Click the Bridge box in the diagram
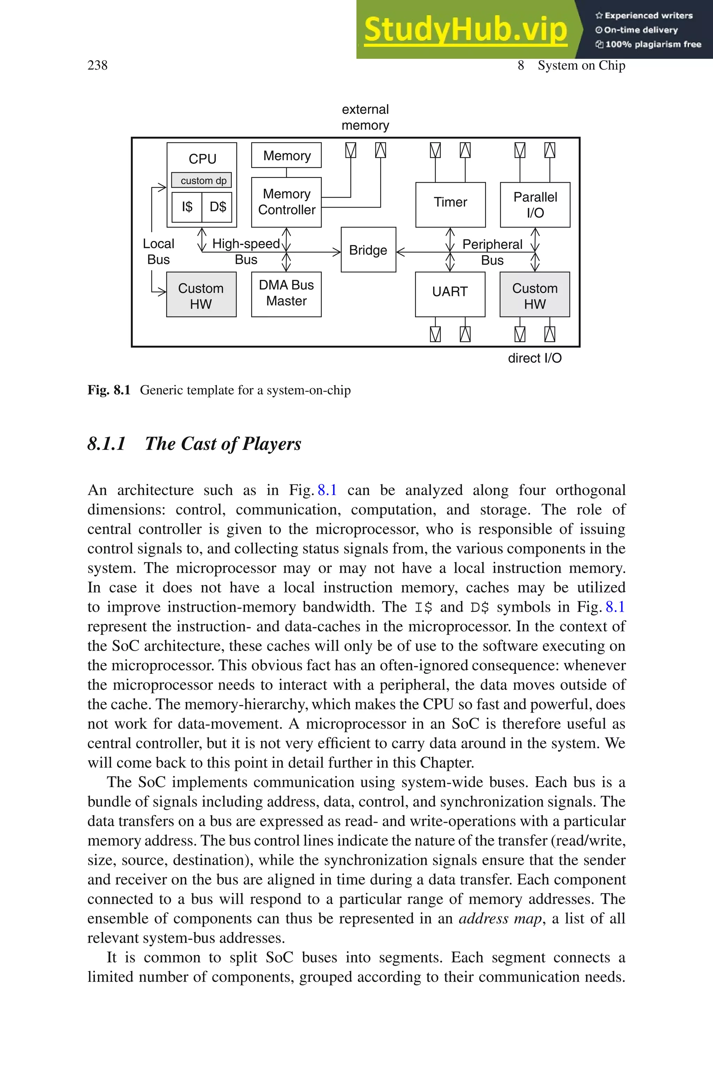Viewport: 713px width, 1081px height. point(368,250)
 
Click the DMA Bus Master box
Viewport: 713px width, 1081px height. point(286,293)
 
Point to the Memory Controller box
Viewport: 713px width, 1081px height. point(286,202)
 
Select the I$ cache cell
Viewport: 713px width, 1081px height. point(187,207)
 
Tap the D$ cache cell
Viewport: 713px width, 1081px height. point(217,207)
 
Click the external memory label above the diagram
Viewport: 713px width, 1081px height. point(365,117)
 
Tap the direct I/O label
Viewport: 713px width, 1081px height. point(534,358)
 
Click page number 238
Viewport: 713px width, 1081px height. point(97,65)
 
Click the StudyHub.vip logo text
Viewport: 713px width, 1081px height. point(465,29)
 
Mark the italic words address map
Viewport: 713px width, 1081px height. point(500,919)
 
